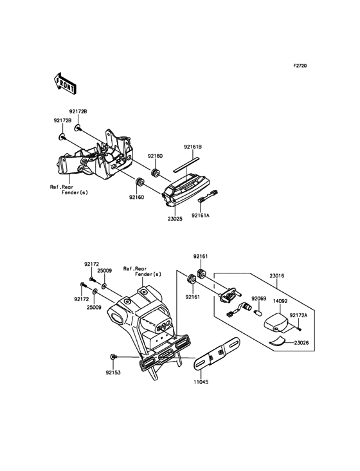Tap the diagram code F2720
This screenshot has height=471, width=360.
coord(300,66)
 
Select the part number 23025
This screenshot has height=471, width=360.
coord(175,219)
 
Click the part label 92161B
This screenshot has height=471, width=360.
coord(193,147)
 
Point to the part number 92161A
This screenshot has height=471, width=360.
coord(201,216)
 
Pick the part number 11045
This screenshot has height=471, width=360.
coord(201,382)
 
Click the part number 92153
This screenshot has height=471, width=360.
coord(113,373)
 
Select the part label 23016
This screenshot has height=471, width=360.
coord(277,276)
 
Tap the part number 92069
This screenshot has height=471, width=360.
coord(258,299)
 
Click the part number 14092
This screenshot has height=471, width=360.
coord(280,300)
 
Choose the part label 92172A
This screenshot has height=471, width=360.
coord(298,315)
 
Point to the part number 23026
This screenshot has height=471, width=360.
coord(301,343)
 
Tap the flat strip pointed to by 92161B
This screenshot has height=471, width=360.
coord(186,164)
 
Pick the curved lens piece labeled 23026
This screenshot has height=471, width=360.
coord(278,341)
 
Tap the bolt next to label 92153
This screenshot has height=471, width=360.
coord(113,356)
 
